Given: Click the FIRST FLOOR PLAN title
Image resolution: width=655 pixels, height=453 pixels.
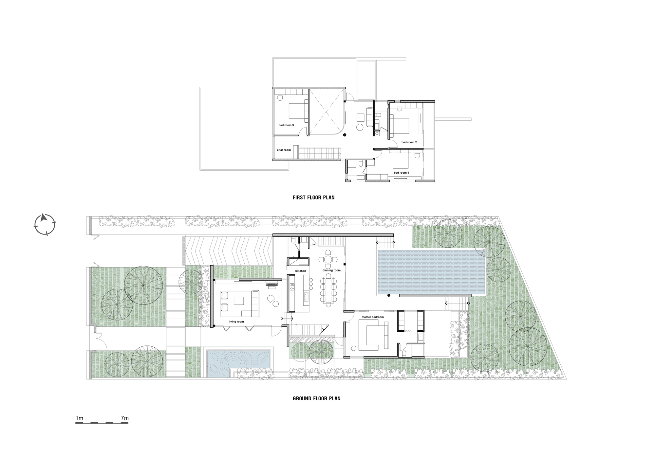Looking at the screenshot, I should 313,198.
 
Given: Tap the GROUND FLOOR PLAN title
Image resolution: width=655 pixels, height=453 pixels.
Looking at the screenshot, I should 316,398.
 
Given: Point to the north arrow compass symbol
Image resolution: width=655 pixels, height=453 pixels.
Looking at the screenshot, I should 45,224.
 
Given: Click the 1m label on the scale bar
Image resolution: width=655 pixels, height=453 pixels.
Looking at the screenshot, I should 79,418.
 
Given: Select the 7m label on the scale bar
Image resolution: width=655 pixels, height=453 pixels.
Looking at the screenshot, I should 124,418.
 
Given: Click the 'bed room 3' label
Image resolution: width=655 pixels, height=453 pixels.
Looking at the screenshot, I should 286,125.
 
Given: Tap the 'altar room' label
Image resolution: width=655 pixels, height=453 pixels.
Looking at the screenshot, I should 284,150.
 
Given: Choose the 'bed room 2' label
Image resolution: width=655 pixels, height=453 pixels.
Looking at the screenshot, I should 409,142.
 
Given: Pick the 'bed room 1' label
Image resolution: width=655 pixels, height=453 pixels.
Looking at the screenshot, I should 401,173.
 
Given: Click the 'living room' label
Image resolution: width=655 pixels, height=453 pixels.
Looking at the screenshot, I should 236,322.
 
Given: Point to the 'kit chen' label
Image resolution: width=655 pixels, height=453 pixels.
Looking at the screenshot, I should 300,271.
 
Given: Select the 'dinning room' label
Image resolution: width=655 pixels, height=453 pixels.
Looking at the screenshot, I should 331,270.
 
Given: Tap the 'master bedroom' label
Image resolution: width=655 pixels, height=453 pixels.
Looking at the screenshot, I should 372,317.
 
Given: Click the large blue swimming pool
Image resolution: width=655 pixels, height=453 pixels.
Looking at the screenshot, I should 431,272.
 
